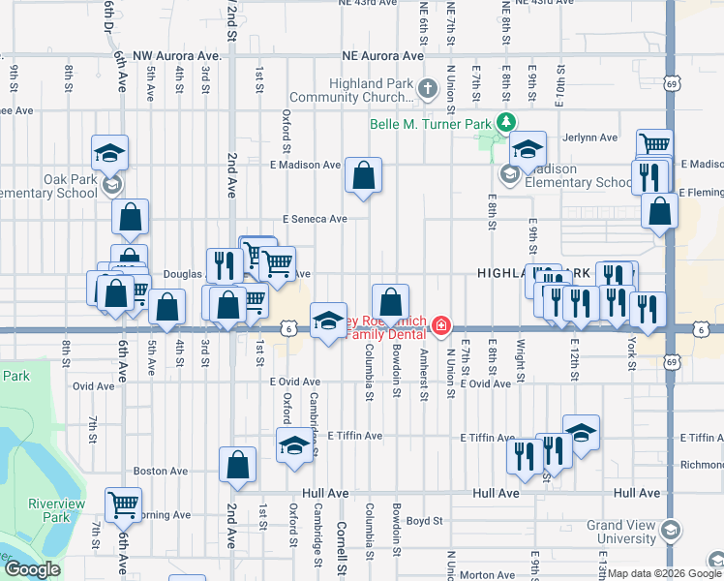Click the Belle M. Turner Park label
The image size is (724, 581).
[430, 124]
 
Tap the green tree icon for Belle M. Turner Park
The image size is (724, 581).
[503, 122]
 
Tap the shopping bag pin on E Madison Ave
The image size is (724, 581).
[363, 176]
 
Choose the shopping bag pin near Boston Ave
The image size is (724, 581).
[237, 466]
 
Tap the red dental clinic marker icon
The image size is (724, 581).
[441, 324]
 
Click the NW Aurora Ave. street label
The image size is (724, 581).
[178, 57]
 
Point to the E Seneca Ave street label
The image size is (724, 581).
[315, 219]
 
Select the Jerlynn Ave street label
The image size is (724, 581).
[590, 138]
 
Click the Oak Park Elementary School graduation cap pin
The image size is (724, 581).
[110, 153]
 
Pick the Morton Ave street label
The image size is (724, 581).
[487, 574]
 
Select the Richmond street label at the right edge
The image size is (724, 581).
[703, 438]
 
